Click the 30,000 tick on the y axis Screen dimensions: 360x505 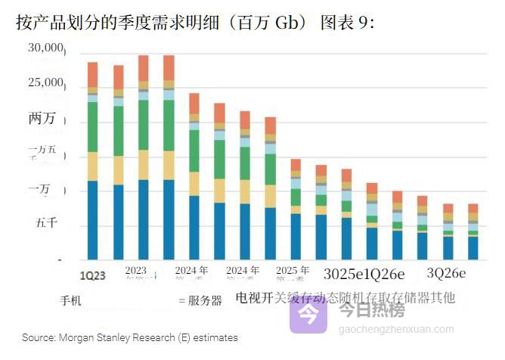click(45, 49)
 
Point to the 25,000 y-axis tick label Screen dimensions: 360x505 click(45, 82)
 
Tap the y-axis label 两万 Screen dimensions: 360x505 click(42, 119)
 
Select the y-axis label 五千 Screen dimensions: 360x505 click(44, 224)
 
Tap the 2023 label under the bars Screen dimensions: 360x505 click(136, 270)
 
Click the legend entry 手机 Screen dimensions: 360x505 click(70, 300)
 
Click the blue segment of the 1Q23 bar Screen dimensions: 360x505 click(92, 219)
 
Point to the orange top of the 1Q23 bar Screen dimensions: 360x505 click(92, 74)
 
